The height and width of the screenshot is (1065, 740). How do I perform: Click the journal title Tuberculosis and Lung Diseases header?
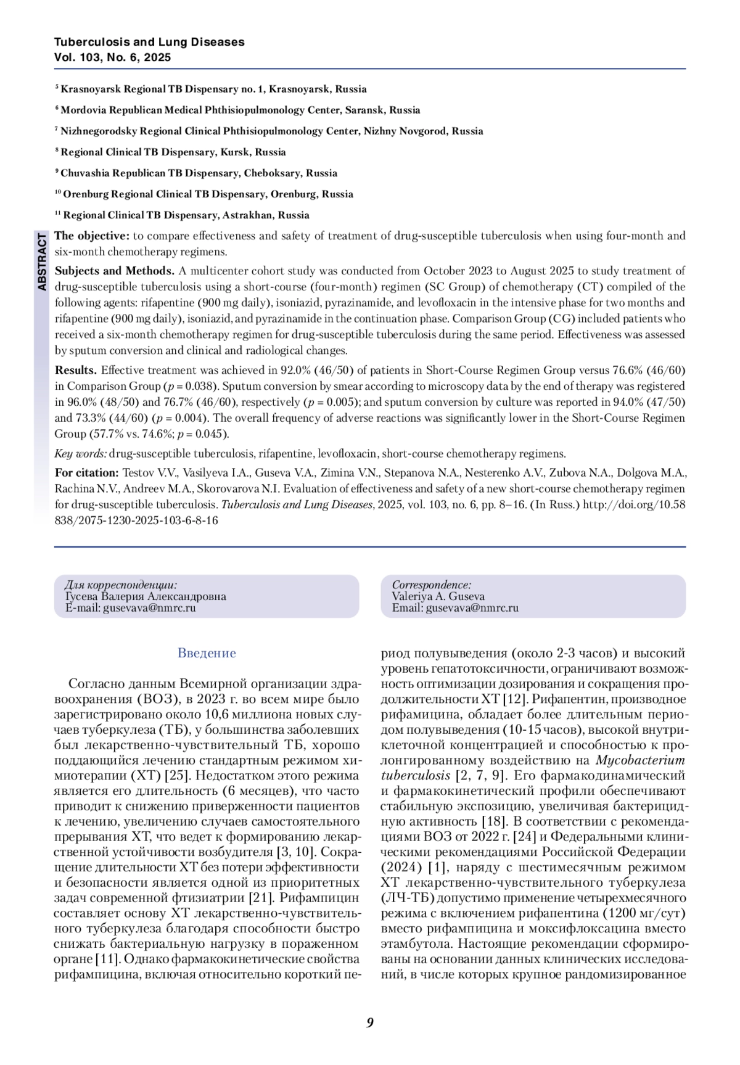pos(149,42)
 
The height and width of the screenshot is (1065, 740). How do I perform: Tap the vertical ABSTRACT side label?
pos(42,262)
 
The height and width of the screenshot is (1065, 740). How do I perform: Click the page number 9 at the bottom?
pos(370,1022)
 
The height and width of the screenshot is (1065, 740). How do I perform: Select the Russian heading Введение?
pos(207,652)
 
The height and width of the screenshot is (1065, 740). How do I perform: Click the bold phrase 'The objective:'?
pos(92,236)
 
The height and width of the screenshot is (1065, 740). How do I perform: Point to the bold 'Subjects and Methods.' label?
pos(115,271)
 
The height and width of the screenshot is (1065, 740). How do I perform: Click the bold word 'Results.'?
pos(76,370)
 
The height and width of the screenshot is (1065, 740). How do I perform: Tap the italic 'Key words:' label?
pos(81,454)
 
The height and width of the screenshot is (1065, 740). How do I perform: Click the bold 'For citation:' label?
pos(87,473)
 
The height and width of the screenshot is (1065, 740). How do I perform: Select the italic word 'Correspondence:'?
pos(432,585)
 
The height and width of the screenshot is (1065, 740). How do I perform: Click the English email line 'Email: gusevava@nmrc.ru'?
pos(455,607)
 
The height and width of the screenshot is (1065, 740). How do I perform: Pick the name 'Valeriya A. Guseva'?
pos(438,596)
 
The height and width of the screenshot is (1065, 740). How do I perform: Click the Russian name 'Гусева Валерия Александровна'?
pos(146,596)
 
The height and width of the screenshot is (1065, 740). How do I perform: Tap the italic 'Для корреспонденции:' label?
pos(121,585)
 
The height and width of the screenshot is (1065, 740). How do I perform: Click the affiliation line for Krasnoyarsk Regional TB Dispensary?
pos(213,89)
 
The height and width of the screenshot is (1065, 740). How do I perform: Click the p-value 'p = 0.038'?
pos(191,387)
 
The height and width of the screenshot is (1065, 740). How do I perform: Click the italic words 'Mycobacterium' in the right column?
pos(640,760)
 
